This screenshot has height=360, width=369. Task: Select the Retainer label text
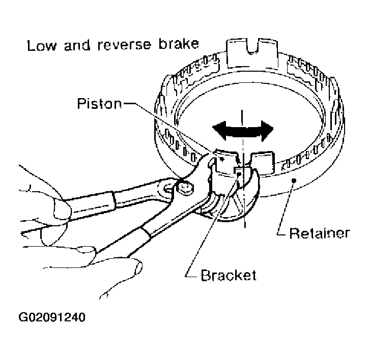click(320, 233)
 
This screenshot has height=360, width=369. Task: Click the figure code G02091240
click(52, 318)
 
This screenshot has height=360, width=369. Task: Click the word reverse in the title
click(119, 45)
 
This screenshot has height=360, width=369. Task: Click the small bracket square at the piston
click(238, 172)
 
